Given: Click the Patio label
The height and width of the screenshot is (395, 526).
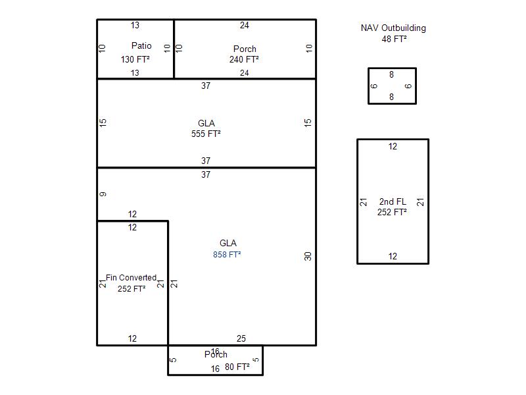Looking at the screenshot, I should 141,46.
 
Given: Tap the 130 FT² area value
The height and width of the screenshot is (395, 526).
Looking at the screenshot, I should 135,59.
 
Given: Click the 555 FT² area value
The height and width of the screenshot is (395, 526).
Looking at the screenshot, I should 206,134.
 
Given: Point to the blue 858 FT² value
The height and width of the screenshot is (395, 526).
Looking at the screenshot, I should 227,255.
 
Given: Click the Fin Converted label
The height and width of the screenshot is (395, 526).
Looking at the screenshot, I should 131,278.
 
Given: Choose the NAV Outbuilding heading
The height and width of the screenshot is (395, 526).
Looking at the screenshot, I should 393,28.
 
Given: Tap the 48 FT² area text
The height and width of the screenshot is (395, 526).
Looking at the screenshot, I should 394,39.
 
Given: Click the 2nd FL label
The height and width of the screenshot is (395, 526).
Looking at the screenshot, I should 393,201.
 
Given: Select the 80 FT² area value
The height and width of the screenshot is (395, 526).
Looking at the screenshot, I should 237,367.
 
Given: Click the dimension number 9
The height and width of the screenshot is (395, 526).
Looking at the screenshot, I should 103,194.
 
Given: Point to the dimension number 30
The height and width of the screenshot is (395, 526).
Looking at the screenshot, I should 308,256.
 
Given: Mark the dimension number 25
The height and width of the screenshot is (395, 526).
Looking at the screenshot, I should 241,339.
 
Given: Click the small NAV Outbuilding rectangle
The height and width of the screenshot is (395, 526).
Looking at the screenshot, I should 392,86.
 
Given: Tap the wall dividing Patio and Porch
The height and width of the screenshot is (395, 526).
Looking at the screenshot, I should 174,49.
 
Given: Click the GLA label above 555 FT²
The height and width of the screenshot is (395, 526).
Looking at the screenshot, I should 206,123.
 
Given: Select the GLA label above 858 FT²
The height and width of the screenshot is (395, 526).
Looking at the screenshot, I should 228,244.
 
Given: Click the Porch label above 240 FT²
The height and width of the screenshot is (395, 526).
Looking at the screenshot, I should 245,49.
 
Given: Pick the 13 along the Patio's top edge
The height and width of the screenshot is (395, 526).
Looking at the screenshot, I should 135,26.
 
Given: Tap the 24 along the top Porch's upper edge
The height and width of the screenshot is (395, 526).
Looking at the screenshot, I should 245,26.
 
